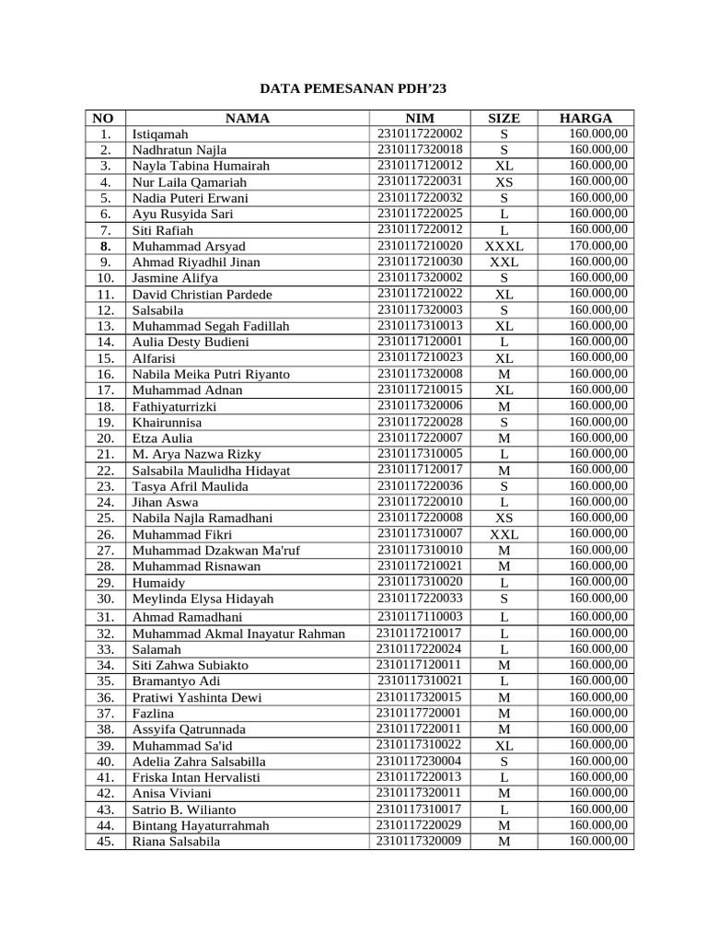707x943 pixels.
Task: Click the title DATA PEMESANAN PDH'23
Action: click(x=353, y=89)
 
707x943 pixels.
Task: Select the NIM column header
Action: click(x=420, y=118)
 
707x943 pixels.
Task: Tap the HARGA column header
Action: click(x=585, y=118)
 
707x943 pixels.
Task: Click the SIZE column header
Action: click(x=504, y=118)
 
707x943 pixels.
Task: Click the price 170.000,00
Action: click(x=598, y=245)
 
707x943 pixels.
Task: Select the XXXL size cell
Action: click(x=504, y=246)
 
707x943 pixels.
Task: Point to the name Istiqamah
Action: click(x=160, y=134)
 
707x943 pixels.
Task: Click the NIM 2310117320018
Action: click(x=420, y=149)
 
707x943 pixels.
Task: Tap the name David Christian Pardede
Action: click(x=203, y=295)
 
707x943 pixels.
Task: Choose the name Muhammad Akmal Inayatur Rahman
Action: click(x=238, y=633)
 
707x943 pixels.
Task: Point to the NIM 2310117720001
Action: click(x=420, y=713)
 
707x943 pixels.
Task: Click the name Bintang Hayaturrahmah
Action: click(x=201, y=825)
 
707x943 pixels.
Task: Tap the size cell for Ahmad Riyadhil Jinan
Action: click(x=504, y=262)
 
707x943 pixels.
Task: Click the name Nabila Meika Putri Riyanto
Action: click(x=211, y=374)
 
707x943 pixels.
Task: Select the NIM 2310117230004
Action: click(x=420, y=761)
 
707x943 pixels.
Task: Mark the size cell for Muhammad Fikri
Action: click(x=504, y=534)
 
